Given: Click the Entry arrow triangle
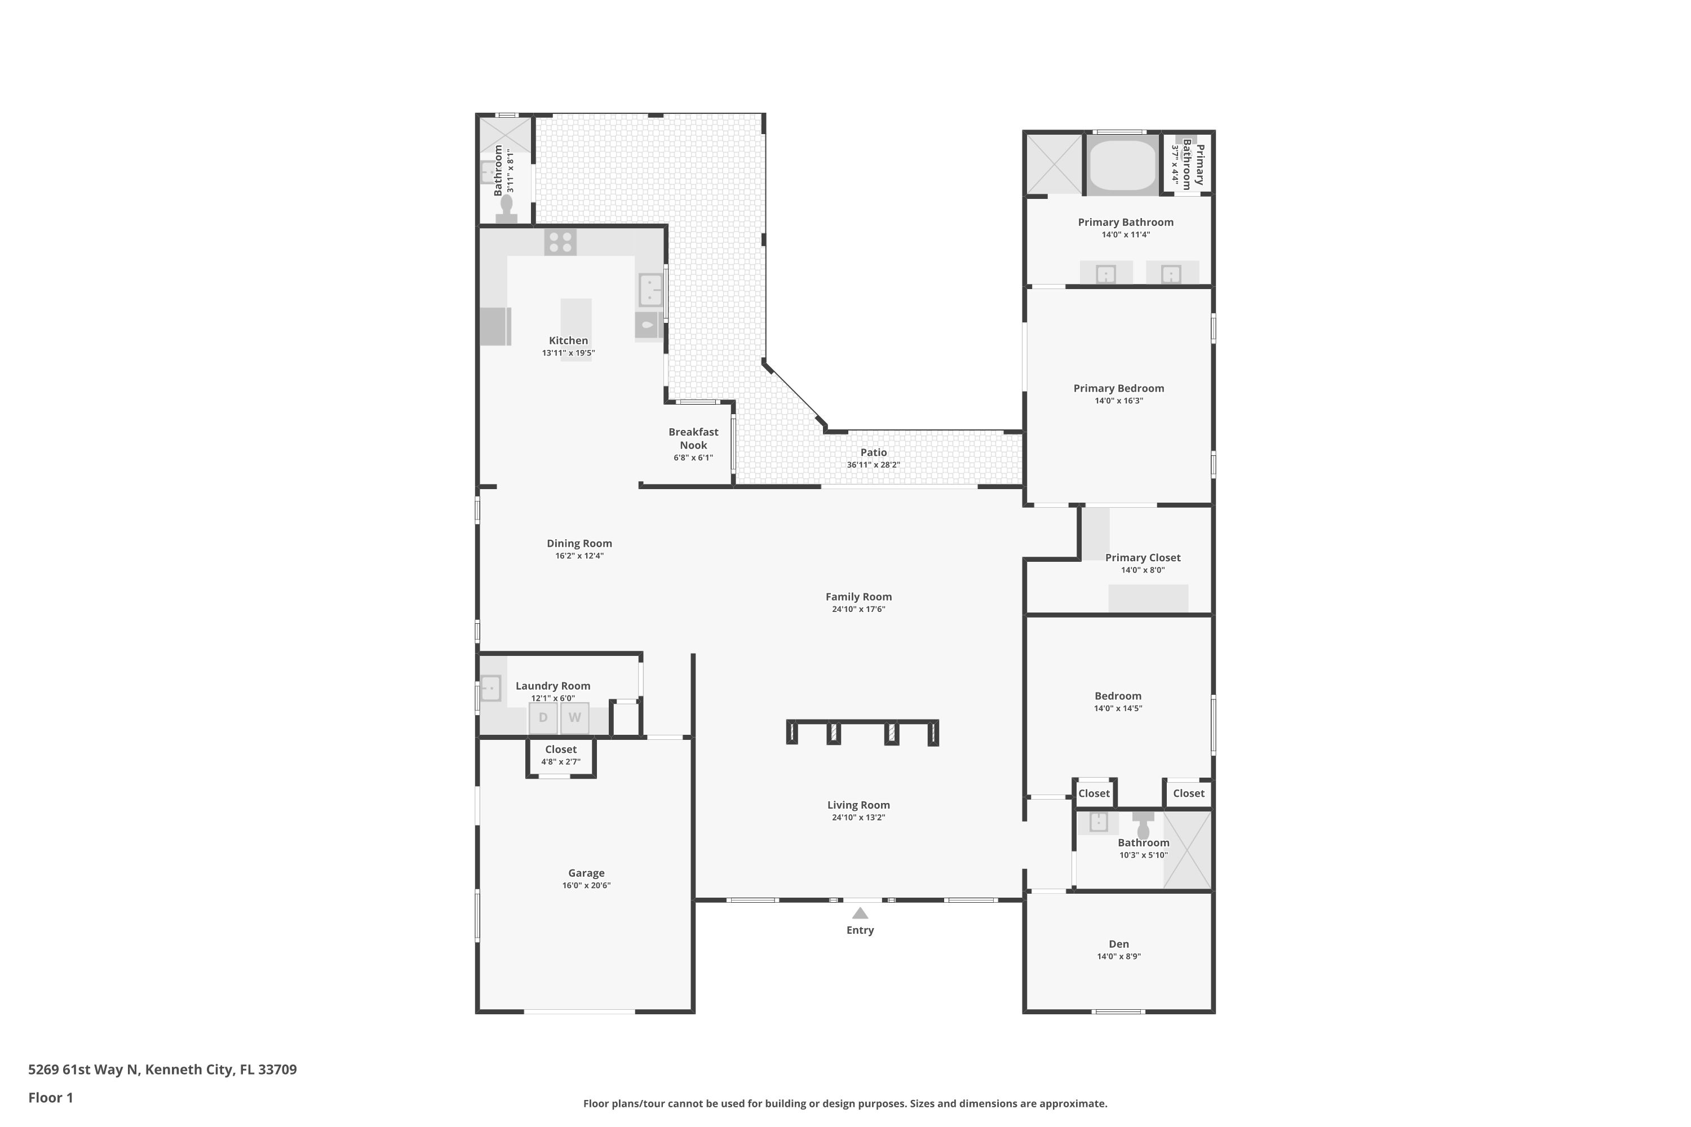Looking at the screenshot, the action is coord(860,913).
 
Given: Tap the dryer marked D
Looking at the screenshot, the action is coord(543,717).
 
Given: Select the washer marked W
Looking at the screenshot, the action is coord(574,717).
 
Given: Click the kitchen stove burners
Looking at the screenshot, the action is coord(560,242).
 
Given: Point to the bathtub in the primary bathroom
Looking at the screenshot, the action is coord(1122,165).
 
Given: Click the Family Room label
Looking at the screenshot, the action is coord(858,597).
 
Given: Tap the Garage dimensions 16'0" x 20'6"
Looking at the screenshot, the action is coord(586,885).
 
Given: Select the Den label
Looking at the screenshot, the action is coord(1119,944).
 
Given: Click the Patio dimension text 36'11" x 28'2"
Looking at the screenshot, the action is coord(874,465).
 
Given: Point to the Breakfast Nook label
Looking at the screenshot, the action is coord(693,438).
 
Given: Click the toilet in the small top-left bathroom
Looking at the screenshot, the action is coord(506,209).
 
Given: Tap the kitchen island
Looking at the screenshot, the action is coord(576,329).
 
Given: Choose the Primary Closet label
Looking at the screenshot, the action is coord(1143,558).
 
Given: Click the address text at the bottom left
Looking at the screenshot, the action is coord(162,1070).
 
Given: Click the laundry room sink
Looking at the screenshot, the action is coord(490,688).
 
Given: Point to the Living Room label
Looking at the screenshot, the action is coord(858,805).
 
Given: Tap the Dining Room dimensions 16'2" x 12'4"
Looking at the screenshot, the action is coord(579,556).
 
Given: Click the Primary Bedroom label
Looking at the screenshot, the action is coord(1119,388).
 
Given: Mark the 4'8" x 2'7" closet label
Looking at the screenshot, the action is coord(561,762).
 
